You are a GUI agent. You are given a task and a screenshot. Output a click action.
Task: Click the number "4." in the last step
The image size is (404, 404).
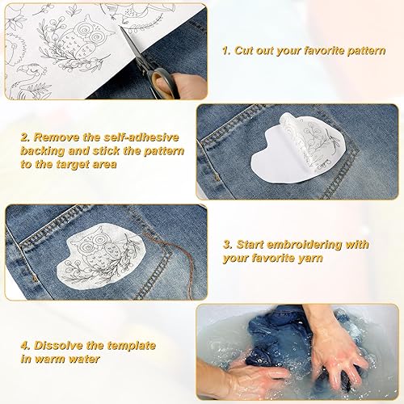click(26, 345)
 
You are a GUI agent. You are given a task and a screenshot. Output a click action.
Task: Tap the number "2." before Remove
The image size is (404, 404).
click(26, 137)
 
